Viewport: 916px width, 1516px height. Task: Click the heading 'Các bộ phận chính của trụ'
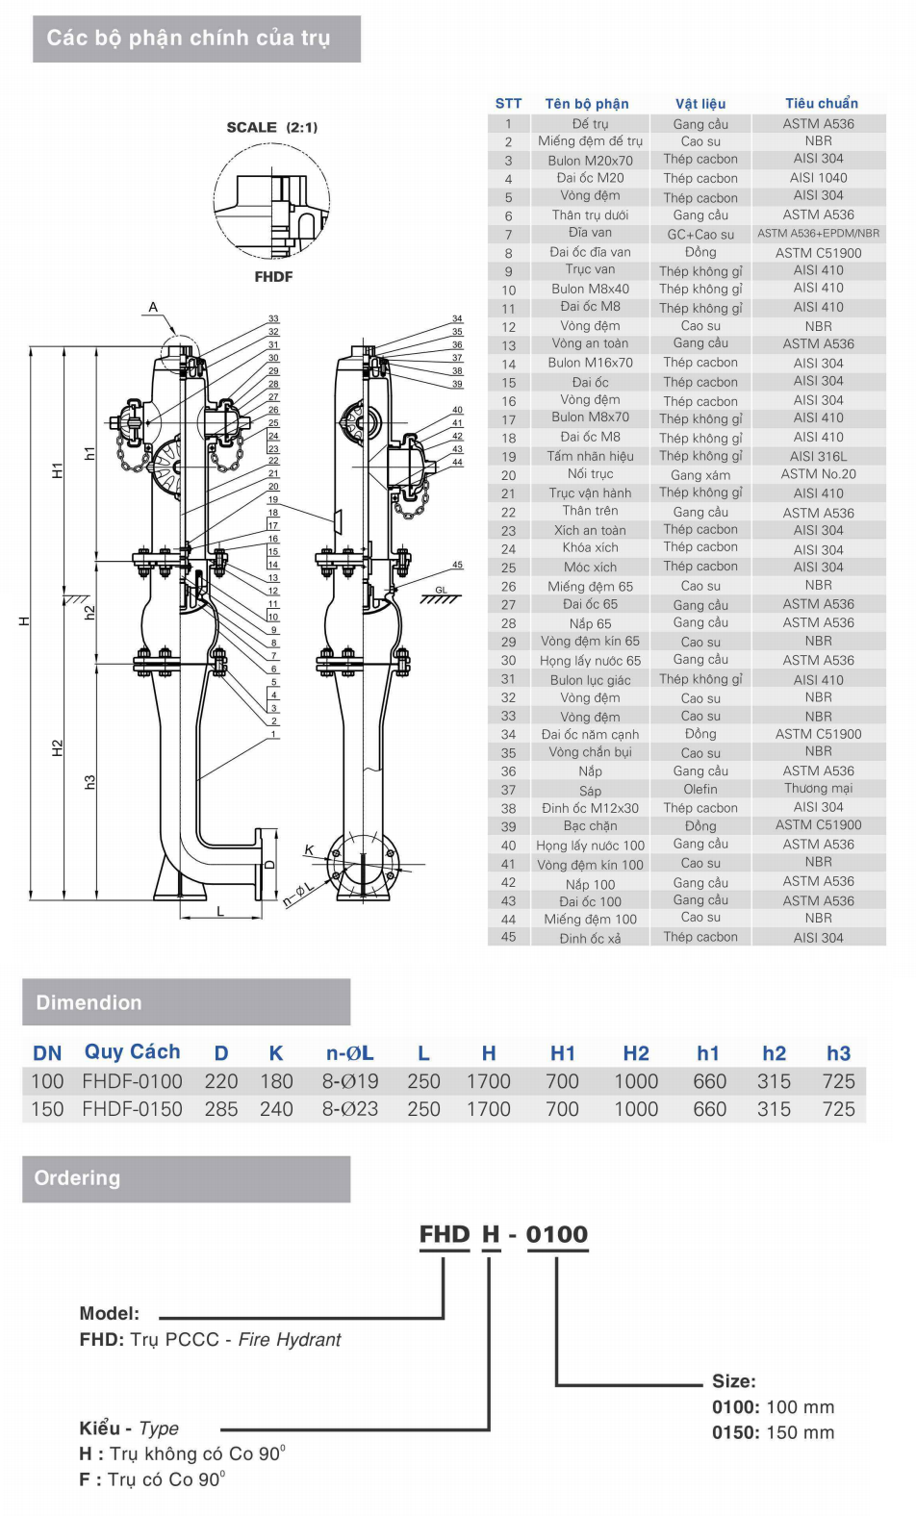click(189, 38)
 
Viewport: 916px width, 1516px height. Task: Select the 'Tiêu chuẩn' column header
click(821, 103)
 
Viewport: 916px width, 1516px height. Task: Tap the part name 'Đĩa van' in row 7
click(590, 233)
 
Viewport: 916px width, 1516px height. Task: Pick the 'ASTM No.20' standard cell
click(818, 474)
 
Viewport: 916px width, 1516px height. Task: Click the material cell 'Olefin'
click(700, 789)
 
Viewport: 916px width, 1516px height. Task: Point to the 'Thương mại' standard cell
click(818, 789)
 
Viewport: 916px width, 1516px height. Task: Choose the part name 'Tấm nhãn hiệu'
click(590, 456)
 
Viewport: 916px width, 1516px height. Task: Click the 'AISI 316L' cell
click(818, 456)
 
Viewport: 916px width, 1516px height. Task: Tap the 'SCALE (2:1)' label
click(272, 127)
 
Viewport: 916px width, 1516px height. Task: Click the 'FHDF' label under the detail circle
click(273, 276)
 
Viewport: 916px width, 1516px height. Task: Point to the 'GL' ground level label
click(441, 590)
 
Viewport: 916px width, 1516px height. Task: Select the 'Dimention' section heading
click(89, 1002)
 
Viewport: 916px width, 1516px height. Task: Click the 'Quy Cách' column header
click(132, 1052)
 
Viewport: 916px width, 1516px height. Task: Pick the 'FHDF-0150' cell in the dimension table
click(132, 1109)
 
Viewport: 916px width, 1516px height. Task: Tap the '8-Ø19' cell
click(350, 1081)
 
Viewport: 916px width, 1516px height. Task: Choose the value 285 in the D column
click(221, 1109)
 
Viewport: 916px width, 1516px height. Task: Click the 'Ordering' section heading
click(77, 1178)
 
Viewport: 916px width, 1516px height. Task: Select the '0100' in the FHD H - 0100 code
click(556, 1234)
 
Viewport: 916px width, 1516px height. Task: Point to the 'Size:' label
click(734, 1381)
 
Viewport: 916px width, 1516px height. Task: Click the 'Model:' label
click(109, 1313)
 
